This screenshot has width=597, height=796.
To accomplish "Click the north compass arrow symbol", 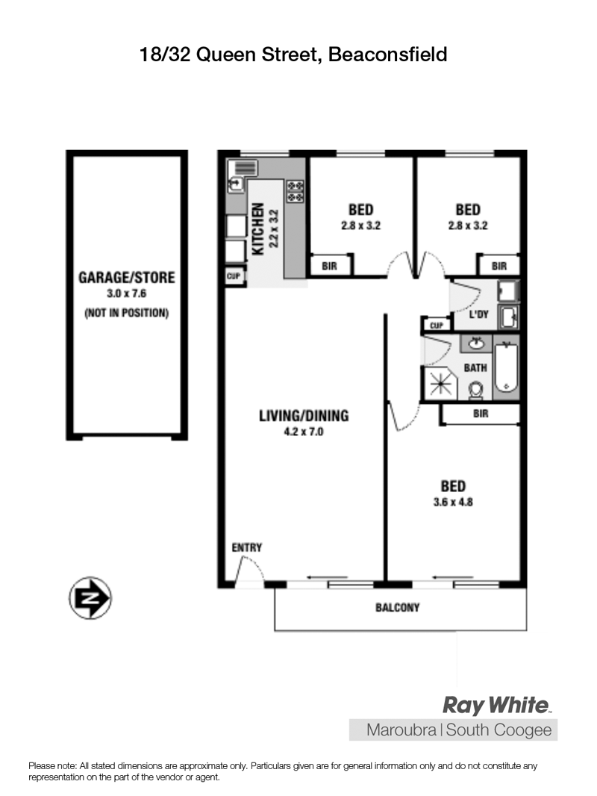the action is click(x=90, y=598).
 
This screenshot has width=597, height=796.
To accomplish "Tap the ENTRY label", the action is click(x=246, y=547).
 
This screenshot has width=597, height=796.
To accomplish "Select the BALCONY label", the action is click(x=397, y=607).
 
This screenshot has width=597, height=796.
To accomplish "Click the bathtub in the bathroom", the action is click(x=506, y=367).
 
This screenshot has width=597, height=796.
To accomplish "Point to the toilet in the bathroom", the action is click(x=475, y=390).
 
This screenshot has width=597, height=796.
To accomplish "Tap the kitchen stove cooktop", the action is click(x=296, y=191).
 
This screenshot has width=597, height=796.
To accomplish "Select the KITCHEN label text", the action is click(x=257, y=229).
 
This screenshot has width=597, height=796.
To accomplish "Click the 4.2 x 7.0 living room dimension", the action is click(x=303, y=432).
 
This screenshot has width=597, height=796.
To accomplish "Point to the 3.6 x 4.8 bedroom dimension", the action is click(x=453, y=502).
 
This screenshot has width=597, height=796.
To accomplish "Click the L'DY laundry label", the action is click(x=478, y=314).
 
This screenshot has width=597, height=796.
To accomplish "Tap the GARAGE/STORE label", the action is click(x=126, y=277).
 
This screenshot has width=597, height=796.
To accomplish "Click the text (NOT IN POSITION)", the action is click(x=126, y=313).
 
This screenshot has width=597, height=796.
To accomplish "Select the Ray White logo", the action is click(x=497, y=705).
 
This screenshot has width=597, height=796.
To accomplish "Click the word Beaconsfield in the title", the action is click(x=387, y=55).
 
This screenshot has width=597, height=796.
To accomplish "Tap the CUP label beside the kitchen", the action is click(x=234, y=276).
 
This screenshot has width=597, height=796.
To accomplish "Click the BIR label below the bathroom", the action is click(x=481, y=414).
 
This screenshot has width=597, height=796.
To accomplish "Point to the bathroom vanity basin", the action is click(x=476, y=343).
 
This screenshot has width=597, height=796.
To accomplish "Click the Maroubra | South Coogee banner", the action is click(x=454, y=730).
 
